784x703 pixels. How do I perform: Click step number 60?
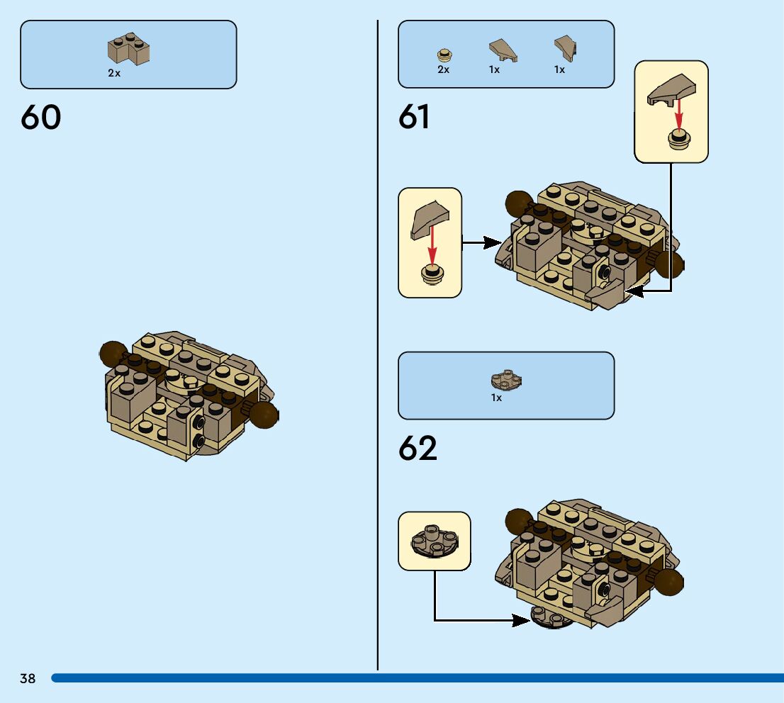click(41, 118)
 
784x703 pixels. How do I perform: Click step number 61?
click(414, 117)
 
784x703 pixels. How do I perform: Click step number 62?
click(418, 448)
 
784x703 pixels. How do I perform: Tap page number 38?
click(28, 679)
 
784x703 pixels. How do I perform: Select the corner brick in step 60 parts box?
click(128, 50)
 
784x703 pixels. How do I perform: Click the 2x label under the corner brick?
click(114, 73)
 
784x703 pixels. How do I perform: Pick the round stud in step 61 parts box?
click(444, 55)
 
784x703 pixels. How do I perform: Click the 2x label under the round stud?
click(444, 69)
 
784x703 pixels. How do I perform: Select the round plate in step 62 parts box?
click(506, 380)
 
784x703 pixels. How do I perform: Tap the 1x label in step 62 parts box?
click(496, 398)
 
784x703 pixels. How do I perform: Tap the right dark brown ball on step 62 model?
click(668, 582)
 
